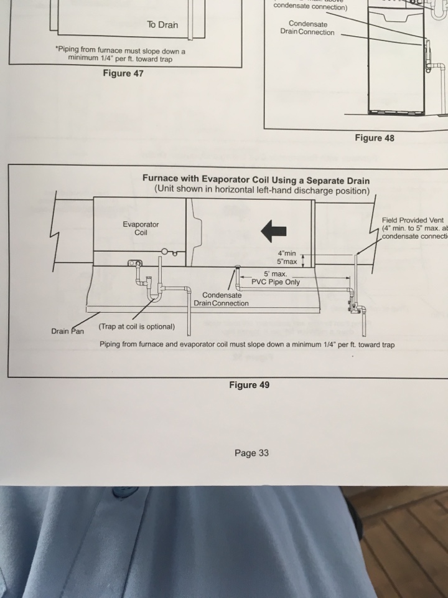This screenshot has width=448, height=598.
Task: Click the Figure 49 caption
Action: (x=249, y=385)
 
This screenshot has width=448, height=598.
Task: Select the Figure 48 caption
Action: (x=374, y=138)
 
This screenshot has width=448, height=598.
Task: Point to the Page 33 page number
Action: (x=251, y=453)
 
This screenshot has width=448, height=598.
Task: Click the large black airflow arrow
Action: (x=273, y=231)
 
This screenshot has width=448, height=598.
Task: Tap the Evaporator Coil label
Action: (x=141, y=228)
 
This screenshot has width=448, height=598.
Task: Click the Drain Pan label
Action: (x=68, y=331)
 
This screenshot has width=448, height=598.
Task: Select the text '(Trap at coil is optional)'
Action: (x=137, y=327)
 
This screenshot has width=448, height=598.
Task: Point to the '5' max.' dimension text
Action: (x=274, y=274)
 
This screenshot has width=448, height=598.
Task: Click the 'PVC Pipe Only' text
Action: (x=276, y=282)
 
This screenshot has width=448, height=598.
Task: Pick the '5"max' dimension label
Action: (x=288, y=262)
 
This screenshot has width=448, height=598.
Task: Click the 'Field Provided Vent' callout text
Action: (x=413, y=221)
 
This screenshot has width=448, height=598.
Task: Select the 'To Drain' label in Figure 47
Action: (x=162, y=25)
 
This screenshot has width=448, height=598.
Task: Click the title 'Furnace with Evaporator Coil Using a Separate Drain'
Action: (x=256, y=181)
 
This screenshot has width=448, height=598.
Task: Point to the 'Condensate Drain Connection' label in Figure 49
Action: (x=221, y=299)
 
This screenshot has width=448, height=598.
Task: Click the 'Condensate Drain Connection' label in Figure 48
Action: (x=307, y=28)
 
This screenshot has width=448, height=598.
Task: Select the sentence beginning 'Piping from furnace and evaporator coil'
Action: (x=246, y=344)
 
